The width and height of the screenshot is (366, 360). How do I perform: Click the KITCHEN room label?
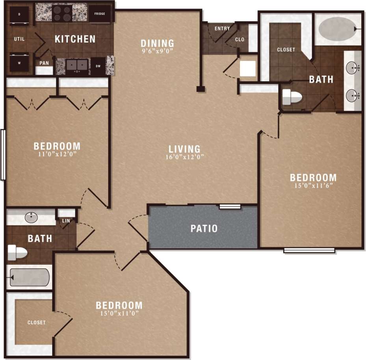pos(75,39)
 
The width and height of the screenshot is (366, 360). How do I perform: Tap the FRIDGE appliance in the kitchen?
pos(99,14)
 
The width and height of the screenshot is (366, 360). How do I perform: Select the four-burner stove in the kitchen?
pos(62,13)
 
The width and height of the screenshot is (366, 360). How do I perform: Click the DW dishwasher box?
pos(98,66)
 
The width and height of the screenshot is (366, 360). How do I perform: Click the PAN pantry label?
pos(44,63)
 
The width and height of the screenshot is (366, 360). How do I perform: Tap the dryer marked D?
pos(19,14)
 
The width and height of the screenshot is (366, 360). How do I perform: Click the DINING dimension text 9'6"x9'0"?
pos(157,50)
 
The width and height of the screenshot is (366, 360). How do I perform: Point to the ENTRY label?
pos(222,28)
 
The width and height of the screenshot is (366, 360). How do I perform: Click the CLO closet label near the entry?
pos(240,39)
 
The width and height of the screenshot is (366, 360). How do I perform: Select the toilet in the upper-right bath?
pos(292,96)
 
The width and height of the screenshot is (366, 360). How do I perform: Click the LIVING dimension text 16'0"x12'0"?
pos(184,157)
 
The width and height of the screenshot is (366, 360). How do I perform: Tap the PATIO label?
pos(204,228)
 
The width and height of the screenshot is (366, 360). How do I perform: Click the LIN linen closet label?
pos(66,221)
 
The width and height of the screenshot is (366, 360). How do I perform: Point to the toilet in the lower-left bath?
pos(17,252)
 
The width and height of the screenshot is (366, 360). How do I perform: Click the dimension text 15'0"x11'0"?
pos(119,314)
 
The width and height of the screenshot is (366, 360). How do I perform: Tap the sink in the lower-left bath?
pos(31,217)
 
